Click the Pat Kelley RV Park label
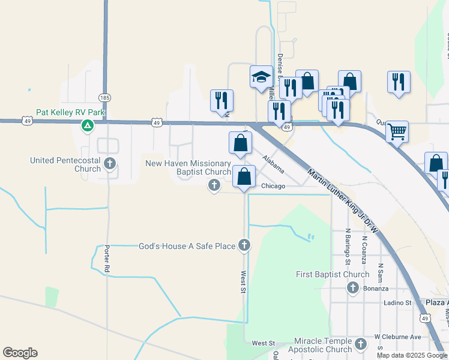[x=70, y=112]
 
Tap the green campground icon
[x=87, y=125]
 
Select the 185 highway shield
[x=105, y=97]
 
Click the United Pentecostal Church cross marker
[x=109, y=163]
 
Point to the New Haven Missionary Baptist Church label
[x=188, y=168]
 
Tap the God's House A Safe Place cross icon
[x=244, y=245]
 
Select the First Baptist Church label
[x=333, y=275]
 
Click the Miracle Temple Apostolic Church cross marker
[x=360, y=344]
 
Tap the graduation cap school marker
[x=261, y=77]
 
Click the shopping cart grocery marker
[x=397, y=131]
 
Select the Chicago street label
[x=273, y=186]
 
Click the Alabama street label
[x=273, y=161]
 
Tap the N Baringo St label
[x=348, y=246]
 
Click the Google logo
[x=20, y=353]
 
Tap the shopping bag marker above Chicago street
[x=244, y=176]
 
